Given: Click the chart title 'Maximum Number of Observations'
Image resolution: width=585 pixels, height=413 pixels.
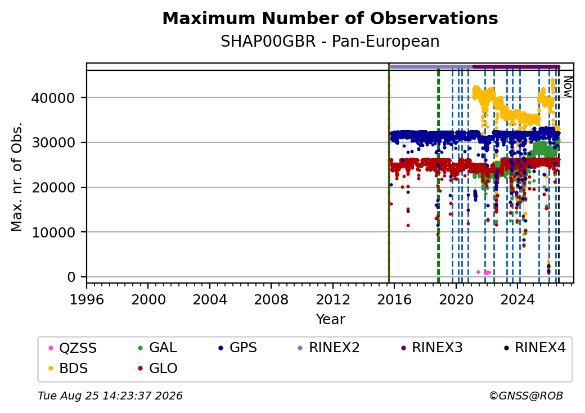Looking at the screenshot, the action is point(330,18).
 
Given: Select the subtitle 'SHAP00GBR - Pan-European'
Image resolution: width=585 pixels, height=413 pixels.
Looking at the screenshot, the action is point(330,41).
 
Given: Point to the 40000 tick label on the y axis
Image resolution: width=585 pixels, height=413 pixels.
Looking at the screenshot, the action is point(53,98).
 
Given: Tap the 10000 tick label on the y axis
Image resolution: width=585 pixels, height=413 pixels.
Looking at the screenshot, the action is point(53,232).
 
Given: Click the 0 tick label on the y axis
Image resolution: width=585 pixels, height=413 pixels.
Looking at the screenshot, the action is point(71,277).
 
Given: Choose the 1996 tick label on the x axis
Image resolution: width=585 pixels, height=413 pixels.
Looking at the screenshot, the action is point(87,299).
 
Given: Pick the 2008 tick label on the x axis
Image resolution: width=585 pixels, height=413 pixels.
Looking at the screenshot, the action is point(271,299).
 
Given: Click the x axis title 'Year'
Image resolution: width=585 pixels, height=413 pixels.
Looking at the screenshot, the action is point(331,320).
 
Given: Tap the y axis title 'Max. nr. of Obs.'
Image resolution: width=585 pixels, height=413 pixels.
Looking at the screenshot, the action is point(17,177).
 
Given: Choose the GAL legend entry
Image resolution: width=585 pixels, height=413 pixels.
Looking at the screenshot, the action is point(157,348).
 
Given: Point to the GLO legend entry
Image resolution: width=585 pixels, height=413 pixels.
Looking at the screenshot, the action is point(157,368).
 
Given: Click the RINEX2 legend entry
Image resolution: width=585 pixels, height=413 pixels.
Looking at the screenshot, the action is point(328,348).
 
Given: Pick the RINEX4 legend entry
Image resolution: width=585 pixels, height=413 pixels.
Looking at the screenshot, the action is point(534,348).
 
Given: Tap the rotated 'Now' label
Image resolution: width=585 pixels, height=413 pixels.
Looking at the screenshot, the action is point(568,87).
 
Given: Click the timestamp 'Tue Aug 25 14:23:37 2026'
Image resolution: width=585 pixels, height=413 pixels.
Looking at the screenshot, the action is point(110,396).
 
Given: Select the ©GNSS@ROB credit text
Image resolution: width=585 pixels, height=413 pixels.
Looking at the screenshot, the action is point(526,396).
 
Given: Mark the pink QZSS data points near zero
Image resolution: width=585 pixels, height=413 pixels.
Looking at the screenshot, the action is point(484,272).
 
